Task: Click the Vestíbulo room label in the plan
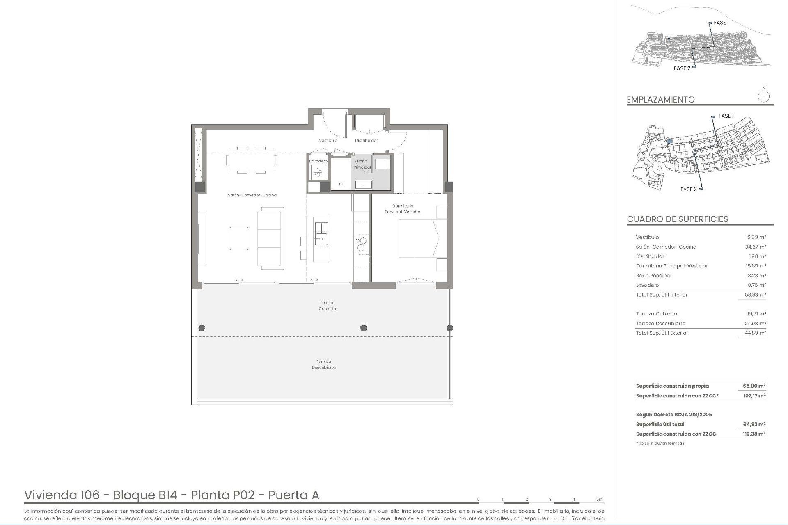coord(328,140)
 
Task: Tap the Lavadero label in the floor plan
coord(318,161)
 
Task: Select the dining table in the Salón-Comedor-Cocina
coord(251,160)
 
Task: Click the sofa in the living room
coord(270,238)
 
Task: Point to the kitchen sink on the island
coord(321,233)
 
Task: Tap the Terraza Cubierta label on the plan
coord(327,306)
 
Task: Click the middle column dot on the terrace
coord(363,328)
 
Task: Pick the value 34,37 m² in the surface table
coord(756,247)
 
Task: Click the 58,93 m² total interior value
coord(756,295)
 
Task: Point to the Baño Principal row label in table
coord(653,276)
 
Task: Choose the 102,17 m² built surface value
coord(754,396)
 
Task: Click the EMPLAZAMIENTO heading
coord(661,100)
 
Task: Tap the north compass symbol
coord(764,96)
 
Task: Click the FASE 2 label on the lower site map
coord(688,189)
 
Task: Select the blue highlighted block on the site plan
coord(669,141)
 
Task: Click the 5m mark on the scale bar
coord(599,499)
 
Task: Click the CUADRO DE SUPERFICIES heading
coord(677,219)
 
